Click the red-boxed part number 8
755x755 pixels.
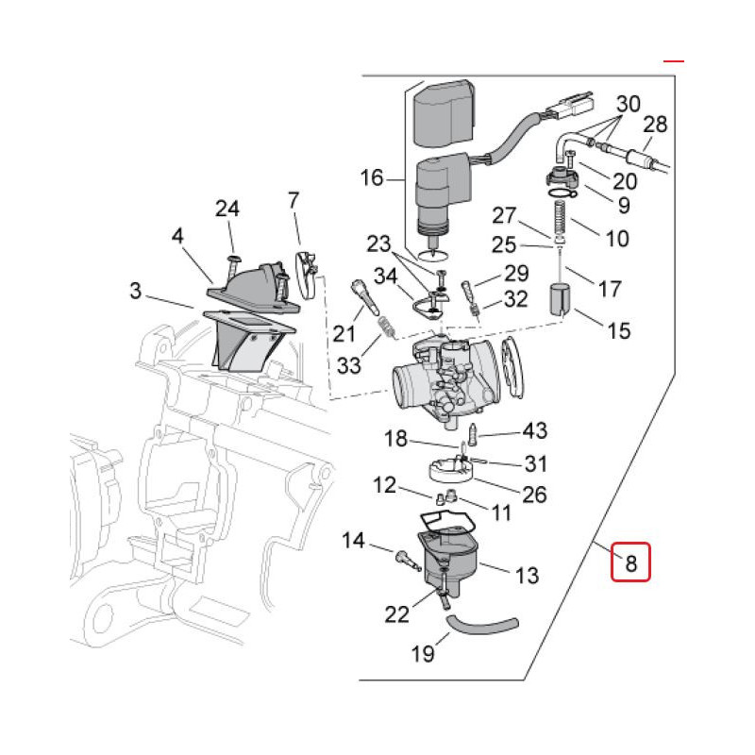(630, 563)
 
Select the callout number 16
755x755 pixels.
(373, 176)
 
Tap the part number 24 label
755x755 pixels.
(227, 209)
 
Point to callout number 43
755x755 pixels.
(534, 431)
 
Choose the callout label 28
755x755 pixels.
(655, 124)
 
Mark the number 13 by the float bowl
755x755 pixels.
(527, 574)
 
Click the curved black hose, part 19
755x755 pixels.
(482, 624)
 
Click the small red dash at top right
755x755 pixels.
(673, 60)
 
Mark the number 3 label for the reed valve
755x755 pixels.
(136, 292)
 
